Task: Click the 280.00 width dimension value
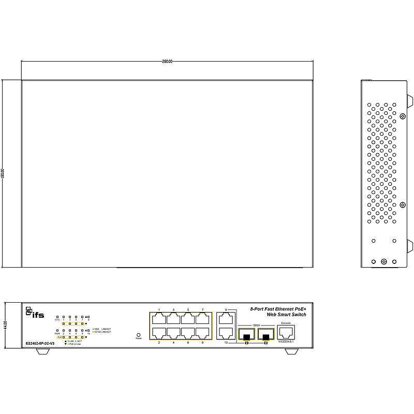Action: pos(167,62)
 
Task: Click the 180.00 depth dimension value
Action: pos(4,174)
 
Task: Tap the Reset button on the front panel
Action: pos(138,335)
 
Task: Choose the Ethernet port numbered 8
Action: pos(202,332)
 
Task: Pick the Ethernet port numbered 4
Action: pos(173,332)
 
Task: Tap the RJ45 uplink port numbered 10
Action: pos(225,332)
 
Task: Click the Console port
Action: pos(286,332)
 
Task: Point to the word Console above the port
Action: pos(286,323)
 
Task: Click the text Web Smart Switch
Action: pos(286,315)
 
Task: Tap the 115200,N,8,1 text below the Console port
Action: pos(286,342)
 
